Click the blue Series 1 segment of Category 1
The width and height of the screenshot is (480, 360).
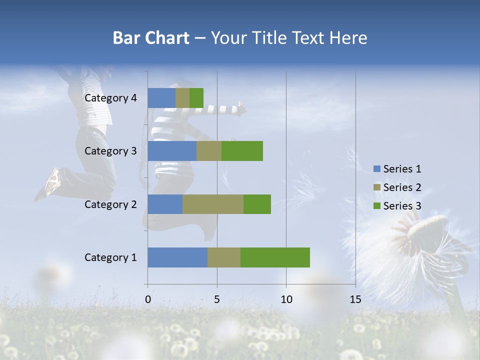coord(177,257)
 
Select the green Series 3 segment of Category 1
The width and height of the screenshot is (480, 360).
coord(275,257)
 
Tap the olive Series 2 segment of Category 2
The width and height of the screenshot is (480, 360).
coord(213,204)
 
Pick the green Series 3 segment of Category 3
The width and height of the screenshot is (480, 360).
coord(242,151)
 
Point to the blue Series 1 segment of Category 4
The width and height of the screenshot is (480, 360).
coord(161,98)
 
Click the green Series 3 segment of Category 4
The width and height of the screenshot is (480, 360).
coord(196,98)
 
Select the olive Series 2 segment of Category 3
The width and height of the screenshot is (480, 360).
coord(209,151)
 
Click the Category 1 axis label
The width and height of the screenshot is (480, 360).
coord(110,257)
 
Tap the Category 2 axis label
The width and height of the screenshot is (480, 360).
coord(110,204)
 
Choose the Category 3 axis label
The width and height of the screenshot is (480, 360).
coord(110,151)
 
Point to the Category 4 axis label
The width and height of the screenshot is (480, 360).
coord(110,98)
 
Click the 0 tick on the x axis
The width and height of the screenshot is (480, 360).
coord(148,299)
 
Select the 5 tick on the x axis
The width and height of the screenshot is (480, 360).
coord(217,299)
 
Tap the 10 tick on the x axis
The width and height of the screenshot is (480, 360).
coord(286,299)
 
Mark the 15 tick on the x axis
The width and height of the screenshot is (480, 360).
coord(355,299)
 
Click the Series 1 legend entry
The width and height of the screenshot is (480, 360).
coord(397,169)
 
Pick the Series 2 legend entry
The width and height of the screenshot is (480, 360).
coord(397,187)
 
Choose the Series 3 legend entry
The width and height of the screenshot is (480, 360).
coord(397,206)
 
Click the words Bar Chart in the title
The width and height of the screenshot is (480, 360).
coord(150,38)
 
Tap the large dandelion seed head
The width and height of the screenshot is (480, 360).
coord(425,245)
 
